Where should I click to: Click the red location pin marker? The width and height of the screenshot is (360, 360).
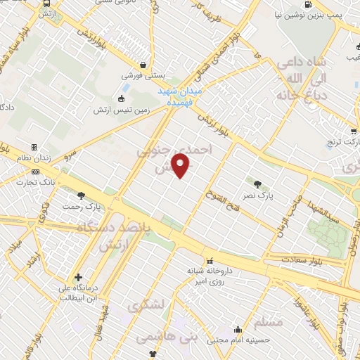point(181,166)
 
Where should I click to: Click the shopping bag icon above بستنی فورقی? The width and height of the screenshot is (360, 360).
point(144,62)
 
